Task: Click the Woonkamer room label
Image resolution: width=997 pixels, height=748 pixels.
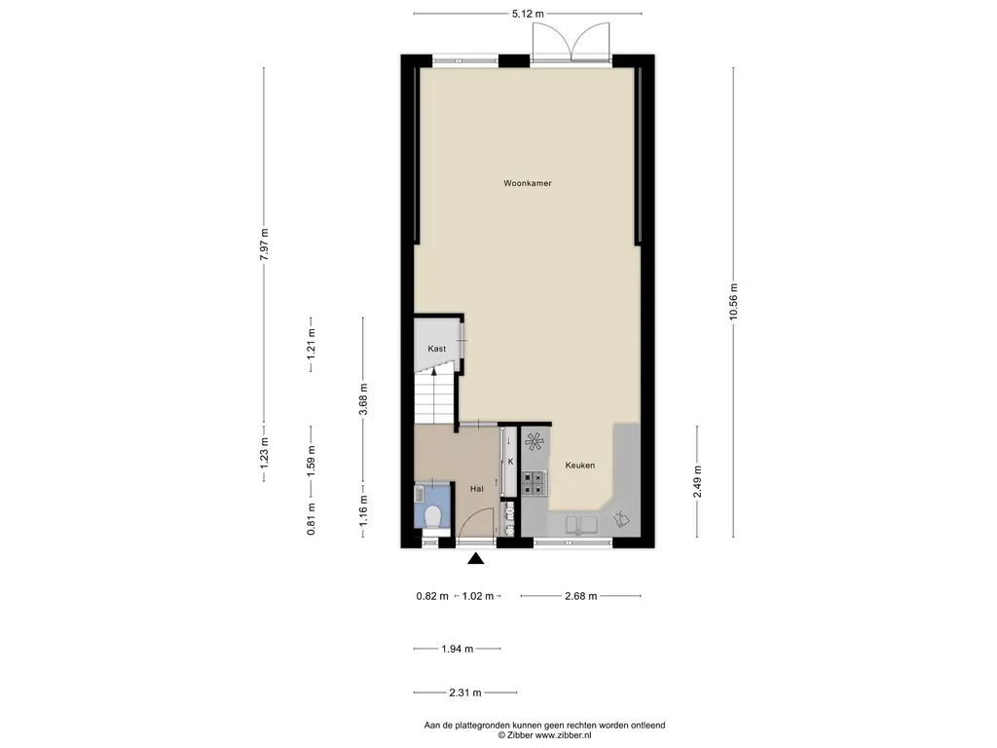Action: click(527, 183)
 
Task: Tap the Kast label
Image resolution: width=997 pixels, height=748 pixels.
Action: click(437, 349)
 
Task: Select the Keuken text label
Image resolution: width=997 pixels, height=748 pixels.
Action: click(580, 465)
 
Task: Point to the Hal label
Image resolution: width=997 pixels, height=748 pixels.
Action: click(476, 489)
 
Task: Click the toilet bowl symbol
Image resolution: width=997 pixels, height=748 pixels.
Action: click(433, 516)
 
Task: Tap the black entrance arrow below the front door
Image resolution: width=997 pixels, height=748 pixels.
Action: click(475, 558)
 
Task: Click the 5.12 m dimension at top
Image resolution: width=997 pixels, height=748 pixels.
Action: click(528, 14)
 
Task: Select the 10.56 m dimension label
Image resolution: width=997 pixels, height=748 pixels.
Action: click(733, 303)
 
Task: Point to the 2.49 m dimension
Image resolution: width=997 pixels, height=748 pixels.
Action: click(697, 481)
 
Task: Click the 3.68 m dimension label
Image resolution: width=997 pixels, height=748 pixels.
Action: click(363, 399)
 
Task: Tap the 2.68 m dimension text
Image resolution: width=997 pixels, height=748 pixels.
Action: click(580, 596)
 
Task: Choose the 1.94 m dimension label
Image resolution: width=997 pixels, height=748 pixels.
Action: click(458, 649)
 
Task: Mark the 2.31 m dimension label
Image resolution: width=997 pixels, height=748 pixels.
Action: click(465, 692)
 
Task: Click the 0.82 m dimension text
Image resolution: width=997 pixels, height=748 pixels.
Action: click(432, 596)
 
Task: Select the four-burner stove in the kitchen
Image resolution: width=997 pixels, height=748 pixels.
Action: click(535, 483)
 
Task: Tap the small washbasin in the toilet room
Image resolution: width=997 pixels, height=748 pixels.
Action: click(419, 494)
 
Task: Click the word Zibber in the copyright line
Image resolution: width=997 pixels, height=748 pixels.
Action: click(519, 735)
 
